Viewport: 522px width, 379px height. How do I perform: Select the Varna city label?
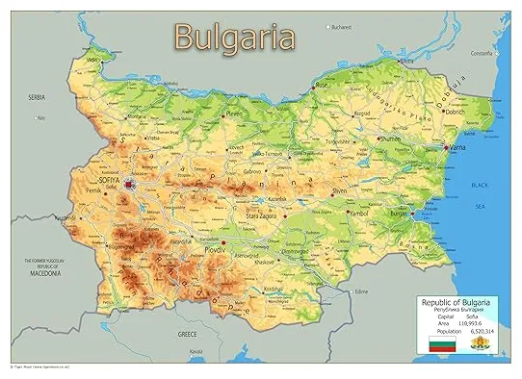click(459, 148)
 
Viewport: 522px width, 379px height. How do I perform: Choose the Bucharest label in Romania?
click(343, 27)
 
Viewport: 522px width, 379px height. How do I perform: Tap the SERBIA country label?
click(38, 97)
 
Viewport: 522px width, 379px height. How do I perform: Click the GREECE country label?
click(187, 334)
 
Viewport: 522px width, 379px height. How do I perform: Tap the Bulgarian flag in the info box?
click(441, 344)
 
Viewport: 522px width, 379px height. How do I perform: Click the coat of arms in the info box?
click(477, 344)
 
